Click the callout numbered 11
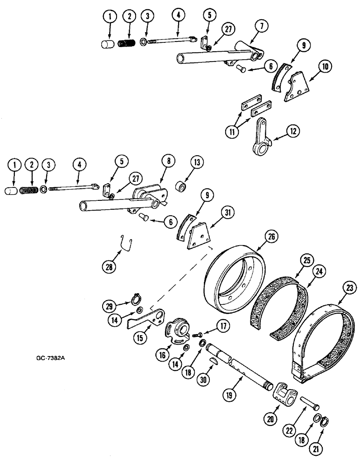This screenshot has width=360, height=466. pyautogui.click(x=231, y=130)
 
